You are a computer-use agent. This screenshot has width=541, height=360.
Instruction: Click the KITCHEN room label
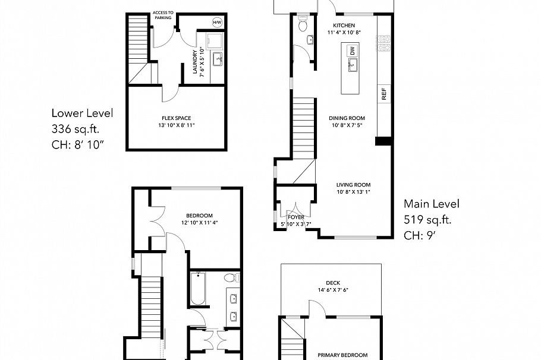pyautogui.click(x=344, y=26)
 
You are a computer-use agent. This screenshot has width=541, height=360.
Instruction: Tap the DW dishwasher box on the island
pyautogui.click(x=352, y=52)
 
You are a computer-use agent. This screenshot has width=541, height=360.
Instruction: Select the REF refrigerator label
pyautogui.click(x=384, y=93)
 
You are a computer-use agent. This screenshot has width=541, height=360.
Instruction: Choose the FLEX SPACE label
pyautogui.click(x=176, y=118)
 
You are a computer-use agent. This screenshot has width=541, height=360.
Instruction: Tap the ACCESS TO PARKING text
pyautogui.click(x=163, y=15)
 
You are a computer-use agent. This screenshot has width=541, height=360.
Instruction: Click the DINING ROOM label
pyautogui.click(x=347, y=118)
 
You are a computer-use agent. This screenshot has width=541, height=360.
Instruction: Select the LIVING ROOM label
pyautogui.click(x=350, y=184)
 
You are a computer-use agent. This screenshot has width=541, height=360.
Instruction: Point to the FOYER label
pyautogui.click(x=295, y=217)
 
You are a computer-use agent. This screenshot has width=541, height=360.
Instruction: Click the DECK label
pyautogui.click(x=332, y=283)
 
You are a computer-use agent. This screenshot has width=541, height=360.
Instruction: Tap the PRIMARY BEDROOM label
pyautogui.click(x=342, y=355)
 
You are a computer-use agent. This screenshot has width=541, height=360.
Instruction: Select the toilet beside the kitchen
pyautogui.click(x=303, y=24)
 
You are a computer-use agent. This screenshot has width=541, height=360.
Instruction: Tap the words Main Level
pyautogui.click(x=431, y=204)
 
